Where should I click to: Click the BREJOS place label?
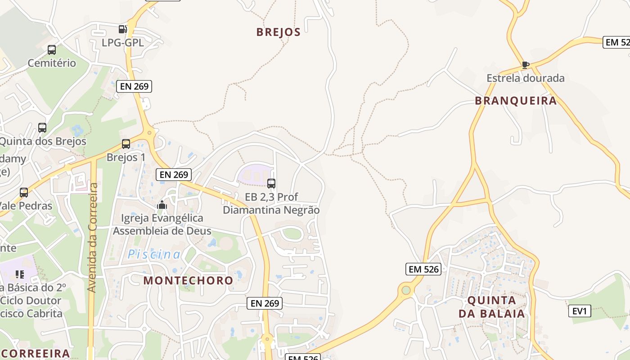point(278,32)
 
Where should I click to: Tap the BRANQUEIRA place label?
point(516,101)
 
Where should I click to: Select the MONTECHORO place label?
point(188,280)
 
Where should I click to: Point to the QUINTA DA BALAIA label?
point(491,307)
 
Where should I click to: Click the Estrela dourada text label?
point(525,78)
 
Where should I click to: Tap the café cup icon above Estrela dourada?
point(525,65)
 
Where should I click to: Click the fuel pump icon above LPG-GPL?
point(122,29)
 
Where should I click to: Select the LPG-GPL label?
point(122,43)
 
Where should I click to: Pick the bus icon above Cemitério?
point(52,50)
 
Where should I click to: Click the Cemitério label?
point(52,63)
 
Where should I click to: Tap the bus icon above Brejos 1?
point(126,144)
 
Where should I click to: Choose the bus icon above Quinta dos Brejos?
point(42,128)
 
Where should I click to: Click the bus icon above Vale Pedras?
point(24,193)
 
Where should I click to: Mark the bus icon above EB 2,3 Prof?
point(271,184)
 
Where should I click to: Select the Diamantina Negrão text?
point(271,210)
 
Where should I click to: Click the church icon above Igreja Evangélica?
point(162,205)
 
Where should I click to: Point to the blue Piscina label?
point(154,255)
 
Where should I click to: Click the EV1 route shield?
point(579,311)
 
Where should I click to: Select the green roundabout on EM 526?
point(406,290)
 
